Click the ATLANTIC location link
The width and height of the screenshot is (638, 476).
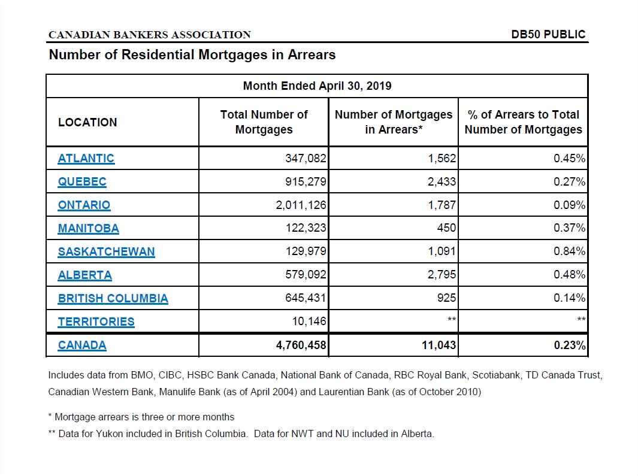pyautogui.click(x=86, y=158)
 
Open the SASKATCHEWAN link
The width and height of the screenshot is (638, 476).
pyautogui.click(x=106, y=252)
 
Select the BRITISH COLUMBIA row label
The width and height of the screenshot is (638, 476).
pyautogui.click(x=113, y=298)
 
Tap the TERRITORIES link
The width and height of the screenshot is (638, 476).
pyautogui.click(x=96, y=322)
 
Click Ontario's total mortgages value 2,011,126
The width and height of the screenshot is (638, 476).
pyautogui.click(x=301, y=205)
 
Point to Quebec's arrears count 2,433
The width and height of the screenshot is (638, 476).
pyautogui.click(x=442, y=181)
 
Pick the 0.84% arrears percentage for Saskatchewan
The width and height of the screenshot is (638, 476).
pyautogui.click(x=569, y=251)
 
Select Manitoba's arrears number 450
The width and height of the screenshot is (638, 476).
pyautogui.click(x=446, y=228)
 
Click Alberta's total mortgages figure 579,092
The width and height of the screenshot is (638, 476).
pyautogui.click(x=306, y=275)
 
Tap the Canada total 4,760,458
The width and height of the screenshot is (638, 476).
pyautogui.click(x=301, y=345)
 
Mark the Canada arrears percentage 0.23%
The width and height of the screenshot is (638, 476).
pyautogui.click(x=570, y=345)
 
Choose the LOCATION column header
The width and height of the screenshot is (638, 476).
pyautogui.click(x=87, y=122)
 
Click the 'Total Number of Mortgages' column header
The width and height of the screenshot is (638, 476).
pyautogui.click(x=264, y=122)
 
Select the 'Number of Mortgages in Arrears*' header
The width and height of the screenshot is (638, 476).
pyautogui.click(x=394, y=122)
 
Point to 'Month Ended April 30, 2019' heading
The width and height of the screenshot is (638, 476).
pyautogui.click(x=317, y=86)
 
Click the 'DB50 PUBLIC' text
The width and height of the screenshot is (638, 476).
pyautogui.click(x=548, y=35)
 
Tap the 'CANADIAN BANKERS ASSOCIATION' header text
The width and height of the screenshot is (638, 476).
pyautogui.click(x=150, y=35)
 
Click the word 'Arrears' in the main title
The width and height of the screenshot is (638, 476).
pyautogui.click(x=312, y=54)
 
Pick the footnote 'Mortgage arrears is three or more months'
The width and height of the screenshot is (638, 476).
pyautogui.click(x=144, y=417)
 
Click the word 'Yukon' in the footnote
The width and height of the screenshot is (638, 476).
pyautogui.click(x=109, y=433)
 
